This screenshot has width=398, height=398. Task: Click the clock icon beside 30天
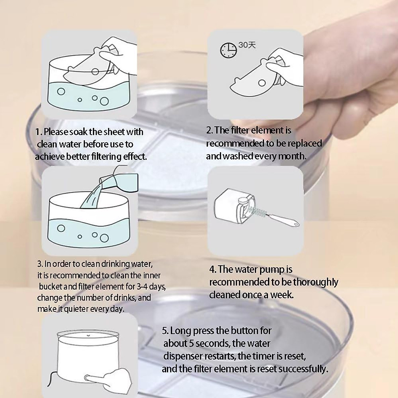click(x=228, y=50)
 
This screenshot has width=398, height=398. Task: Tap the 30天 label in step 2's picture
click(x=247, y=45)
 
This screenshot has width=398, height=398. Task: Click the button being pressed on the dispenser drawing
click(x=87, y=378)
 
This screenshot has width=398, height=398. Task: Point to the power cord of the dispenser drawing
click(x=51, y=377)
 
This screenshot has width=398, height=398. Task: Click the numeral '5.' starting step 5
click(x=165, y=331)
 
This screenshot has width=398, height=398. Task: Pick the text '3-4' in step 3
click(x=142, y=287)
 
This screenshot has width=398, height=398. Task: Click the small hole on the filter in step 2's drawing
click(x=262, y=83)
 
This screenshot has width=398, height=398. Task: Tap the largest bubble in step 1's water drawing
click(x=104, y=101)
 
